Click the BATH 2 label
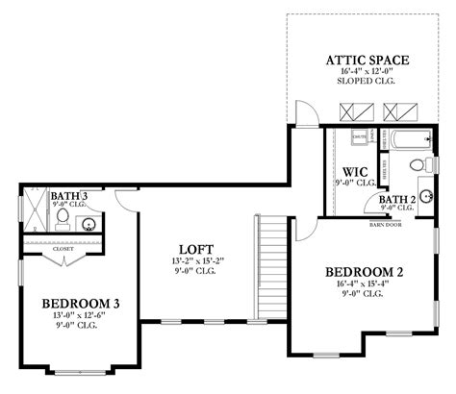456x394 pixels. pyautogui.click(x=396, y=198)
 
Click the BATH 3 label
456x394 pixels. pyautogui.click(x=71, y=196)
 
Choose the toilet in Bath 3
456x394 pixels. pyautogui.click(x=63, y=218)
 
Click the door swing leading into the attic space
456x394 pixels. pyautogui.click(x=306, y=115)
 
